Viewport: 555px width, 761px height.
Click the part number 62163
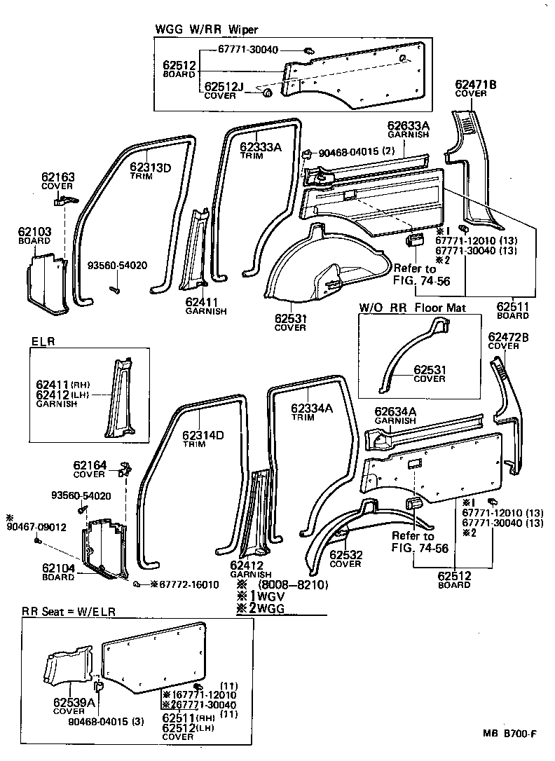[57, 177]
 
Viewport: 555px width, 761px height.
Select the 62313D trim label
[150, 167]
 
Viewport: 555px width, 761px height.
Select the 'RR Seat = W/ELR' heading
[68, 612]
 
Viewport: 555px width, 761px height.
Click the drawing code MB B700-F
[509, 734]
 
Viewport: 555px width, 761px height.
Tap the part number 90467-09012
[27, 527]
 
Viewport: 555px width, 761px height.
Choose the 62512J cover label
[224, 86]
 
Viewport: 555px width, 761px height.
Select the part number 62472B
[508, 337]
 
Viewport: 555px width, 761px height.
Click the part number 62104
[57, 569]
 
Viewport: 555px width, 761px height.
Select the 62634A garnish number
[395, 411]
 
